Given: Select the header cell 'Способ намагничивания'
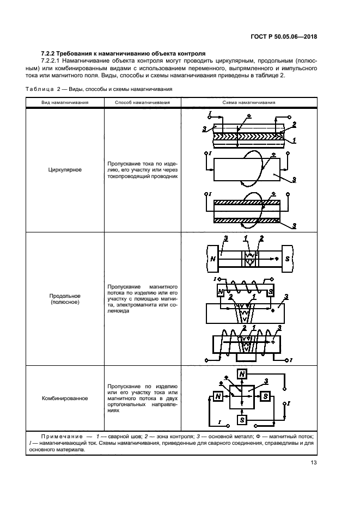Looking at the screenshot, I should tap(142, 102).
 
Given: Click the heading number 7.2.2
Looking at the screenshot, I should tap(51, 54).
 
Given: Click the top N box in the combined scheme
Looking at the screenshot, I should tap(242, 373).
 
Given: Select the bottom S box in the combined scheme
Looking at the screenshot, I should tap(242, 420).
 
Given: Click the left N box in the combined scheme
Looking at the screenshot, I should tap(218, 396).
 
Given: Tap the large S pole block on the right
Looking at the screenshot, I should tap(287, 257).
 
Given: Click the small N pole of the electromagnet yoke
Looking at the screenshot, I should tap(221, 292).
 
